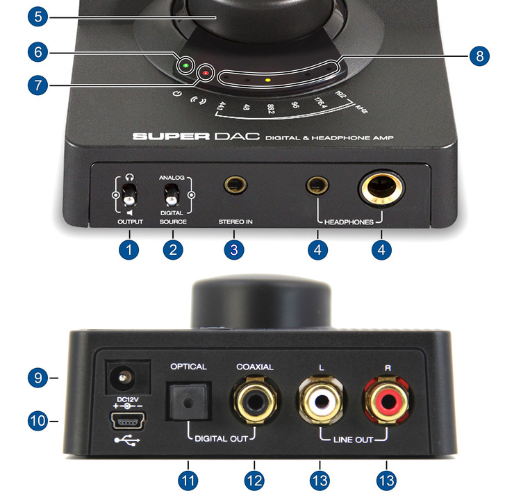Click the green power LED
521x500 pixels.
[x=186, y=65]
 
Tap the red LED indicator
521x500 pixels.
[x=206, y=73]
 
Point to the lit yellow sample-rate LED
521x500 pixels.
[x=268, y=80]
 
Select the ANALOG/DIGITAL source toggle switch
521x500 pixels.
[x=172, y=194]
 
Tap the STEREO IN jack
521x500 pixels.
[x=235, y=185]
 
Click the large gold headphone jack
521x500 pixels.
[x=381, y=188]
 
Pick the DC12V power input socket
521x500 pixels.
[x=127, y=377]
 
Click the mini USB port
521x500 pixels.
[x=127, y=421]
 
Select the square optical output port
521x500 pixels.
[x=188, y=401]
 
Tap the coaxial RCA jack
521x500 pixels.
[x=255, y=400]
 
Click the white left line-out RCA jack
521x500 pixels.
[x=321, y=400]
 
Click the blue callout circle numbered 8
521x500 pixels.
[x=479, y=56]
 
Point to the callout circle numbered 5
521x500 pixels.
[x=38, y=17]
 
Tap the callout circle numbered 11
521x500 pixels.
[x=188, y=481]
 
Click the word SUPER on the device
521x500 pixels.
[x=171, y=136]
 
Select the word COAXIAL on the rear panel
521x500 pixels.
[x=255, y=367]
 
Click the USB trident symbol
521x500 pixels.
[x=127, y=440]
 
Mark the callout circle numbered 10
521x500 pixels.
[x=38, y=421]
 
